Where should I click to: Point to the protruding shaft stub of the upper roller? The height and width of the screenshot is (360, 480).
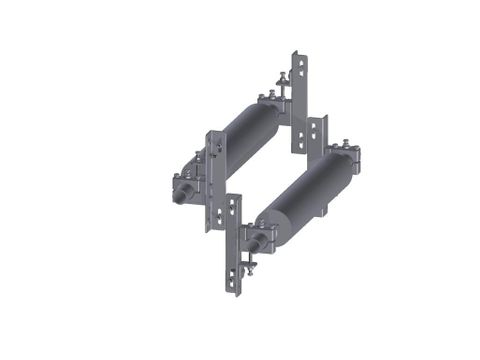tap(180, 186)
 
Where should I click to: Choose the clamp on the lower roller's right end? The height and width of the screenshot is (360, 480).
tap(350, 160)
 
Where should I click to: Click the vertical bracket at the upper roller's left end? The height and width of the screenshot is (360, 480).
tap(212, 175)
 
